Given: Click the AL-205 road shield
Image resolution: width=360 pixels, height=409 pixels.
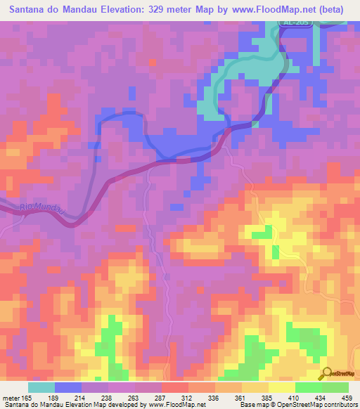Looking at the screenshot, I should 296,22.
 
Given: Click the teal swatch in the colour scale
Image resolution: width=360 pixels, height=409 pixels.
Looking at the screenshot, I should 41,387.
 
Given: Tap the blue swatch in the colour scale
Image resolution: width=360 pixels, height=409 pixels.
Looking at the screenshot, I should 68,387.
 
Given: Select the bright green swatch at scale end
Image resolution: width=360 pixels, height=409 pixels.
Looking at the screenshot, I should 335,387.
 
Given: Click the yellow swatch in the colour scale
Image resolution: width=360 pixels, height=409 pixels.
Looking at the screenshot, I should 281,387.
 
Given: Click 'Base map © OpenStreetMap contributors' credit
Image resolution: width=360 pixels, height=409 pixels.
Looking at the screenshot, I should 297,405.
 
